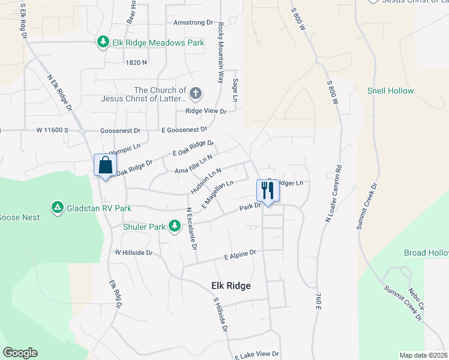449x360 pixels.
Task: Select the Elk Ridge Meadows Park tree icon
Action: (x=103, y=41)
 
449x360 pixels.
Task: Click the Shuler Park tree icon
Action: (x=174, y=226)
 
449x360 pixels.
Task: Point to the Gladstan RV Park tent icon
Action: (x=57, y=208)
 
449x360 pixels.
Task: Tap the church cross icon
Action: (x=196, y=94)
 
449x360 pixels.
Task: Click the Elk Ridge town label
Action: (x=231, y=286)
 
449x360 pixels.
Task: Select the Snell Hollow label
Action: (x=390, y=91)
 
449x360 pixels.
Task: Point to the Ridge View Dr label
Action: (x=206, y=112)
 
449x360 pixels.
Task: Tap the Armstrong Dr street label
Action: (x=193, y=23)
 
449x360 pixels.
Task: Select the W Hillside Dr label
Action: (x=134, y=253)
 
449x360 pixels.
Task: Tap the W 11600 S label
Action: (x=52, y=130)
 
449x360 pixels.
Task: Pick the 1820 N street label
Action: (x=137, y=62)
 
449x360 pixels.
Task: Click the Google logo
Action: (x=20, y=353)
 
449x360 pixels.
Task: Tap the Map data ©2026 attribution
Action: (x=423, y=355)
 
